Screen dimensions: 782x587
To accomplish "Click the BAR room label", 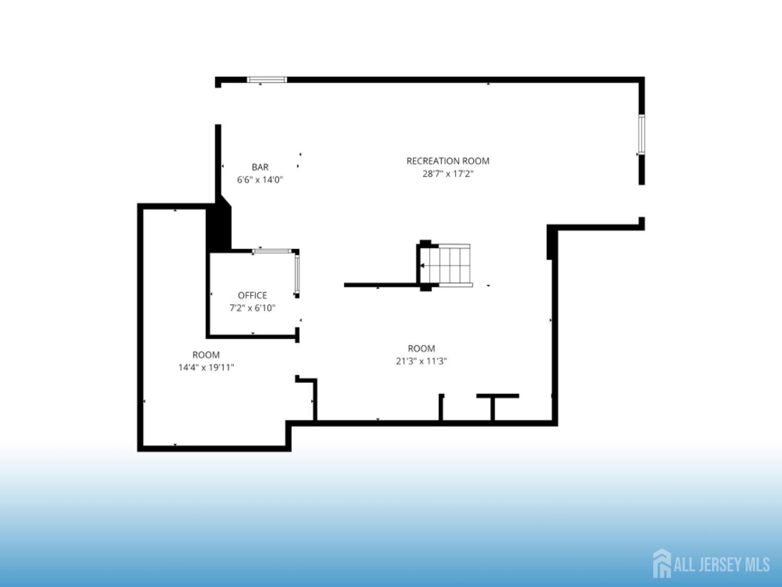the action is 260,167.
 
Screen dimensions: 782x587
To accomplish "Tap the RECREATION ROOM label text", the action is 448,161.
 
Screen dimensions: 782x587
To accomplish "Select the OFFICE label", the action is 252,295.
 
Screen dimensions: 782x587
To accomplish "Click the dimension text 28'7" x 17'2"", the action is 448,174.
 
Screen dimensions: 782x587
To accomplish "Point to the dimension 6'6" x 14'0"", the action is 260,179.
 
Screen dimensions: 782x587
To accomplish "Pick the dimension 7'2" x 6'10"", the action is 252,307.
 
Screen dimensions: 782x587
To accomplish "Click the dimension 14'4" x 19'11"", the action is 206,367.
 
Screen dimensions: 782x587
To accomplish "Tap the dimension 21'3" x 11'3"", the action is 421,361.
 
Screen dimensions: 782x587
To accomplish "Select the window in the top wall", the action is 267,79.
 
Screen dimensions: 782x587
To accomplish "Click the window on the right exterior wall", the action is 641,135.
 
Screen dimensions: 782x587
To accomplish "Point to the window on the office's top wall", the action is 273,251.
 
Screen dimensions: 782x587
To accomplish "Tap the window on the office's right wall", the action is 297,274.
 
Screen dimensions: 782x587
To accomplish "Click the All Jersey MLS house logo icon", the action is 662,563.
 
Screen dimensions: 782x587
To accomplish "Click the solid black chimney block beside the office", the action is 219,224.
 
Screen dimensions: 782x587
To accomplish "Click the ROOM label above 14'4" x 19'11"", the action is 206,355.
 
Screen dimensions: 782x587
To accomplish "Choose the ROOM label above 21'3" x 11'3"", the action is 421,348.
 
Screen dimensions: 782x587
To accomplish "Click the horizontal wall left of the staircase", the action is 381,285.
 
